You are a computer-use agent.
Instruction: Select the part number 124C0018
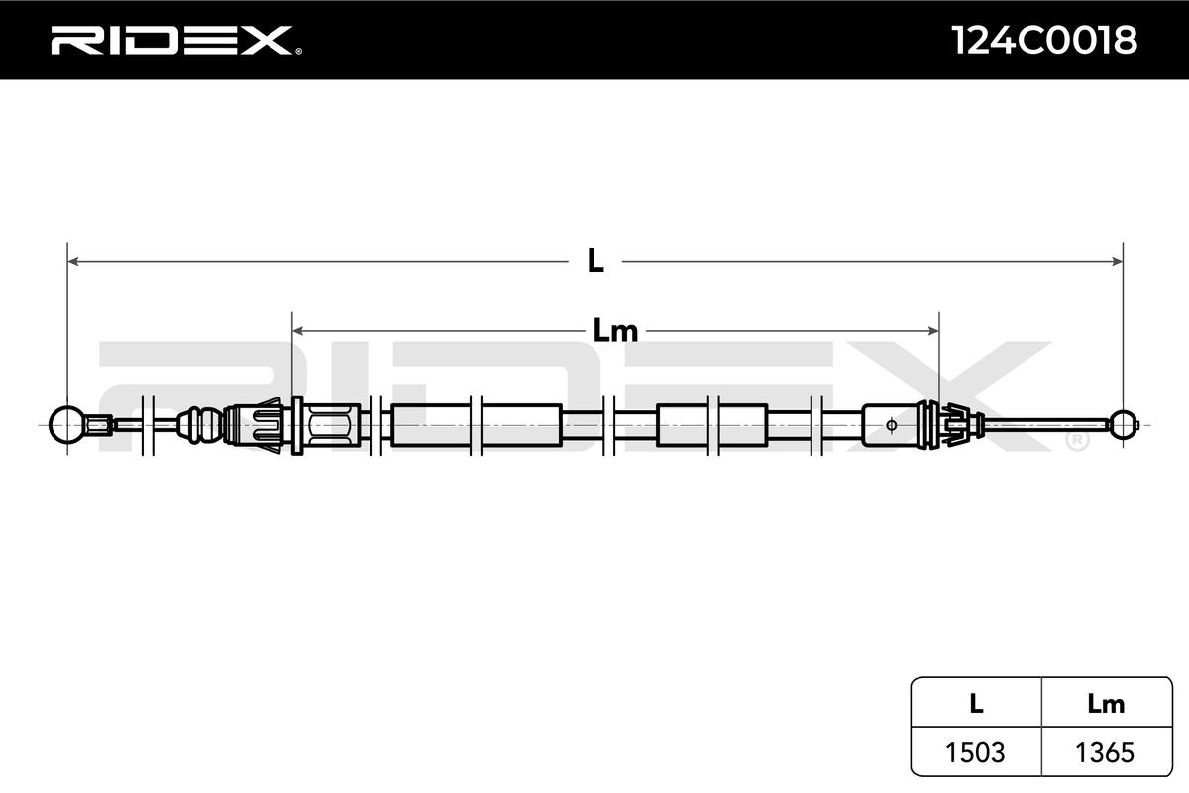pos(1043,40)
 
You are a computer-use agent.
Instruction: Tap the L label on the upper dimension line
pos(594,262)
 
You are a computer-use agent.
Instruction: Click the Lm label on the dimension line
pos(615,331)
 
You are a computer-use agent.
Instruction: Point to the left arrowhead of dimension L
pos(72,262)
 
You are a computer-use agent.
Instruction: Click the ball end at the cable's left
pos(66,424)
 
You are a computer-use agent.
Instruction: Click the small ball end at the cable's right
pos(1123,424)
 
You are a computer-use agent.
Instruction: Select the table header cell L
pos(976,704)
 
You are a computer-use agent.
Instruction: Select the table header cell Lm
pos(1106,704)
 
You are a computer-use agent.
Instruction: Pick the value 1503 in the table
pos(976,752)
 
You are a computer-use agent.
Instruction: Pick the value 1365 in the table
pos(1106,752)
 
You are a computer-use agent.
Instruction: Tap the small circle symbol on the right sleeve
pos(891,425)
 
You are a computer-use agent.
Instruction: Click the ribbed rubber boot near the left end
pos(201,424)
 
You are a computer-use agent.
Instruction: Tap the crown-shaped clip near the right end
pos(952,424)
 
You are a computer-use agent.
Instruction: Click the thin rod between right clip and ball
pos(1045,424)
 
